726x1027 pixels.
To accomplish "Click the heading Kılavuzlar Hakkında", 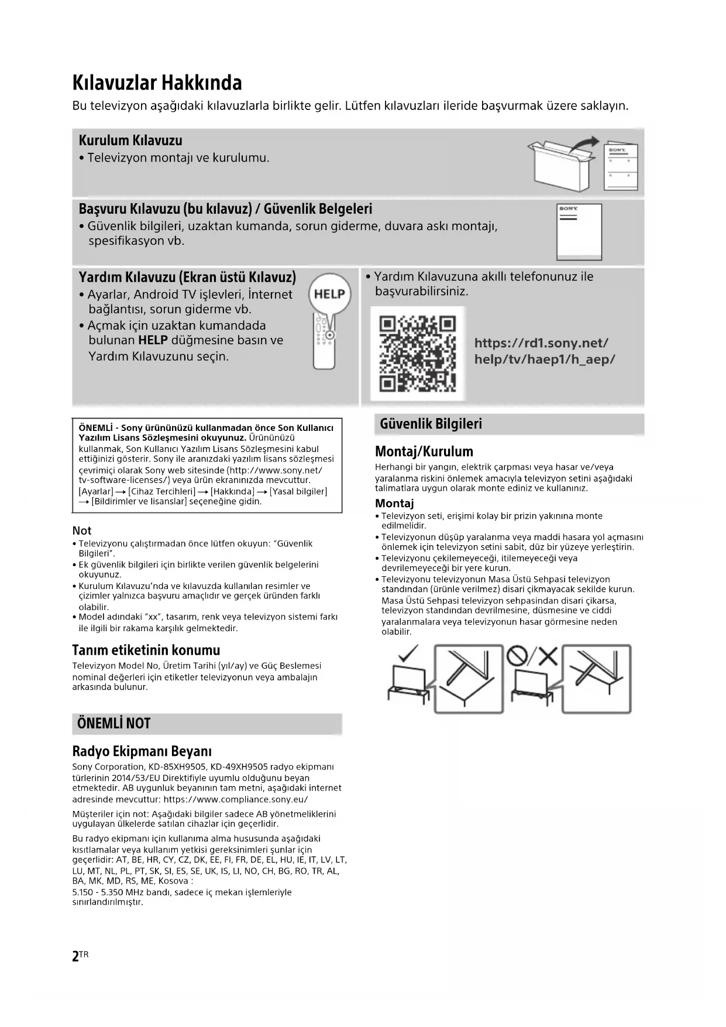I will (157, 83).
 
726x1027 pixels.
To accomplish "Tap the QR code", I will (417, 354).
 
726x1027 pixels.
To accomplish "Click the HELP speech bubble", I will (329, 294).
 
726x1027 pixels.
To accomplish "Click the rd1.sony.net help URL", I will (544, 351).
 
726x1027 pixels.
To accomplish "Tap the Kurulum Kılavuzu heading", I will (130, 141).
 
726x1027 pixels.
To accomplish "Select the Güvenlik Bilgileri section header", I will (431, 424).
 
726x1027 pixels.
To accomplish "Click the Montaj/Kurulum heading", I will (424, 451).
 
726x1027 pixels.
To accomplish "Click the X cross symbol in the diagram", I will (548, 656).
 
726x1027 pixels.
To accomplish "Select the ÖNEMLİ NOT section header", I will (114, 724).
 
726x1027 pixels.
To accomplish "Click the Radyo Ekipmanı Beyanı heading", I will (142, 751).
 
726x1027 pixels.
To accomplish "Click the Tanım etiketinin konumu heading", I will (146, 650).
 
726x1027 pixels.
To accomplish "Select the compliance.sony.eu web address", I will (236, 799).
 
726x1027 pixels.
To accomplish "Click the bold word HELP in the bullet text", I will (153, 340).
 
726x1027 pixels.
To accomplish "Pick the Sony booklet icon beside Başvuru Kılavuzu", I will (579, 231).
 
